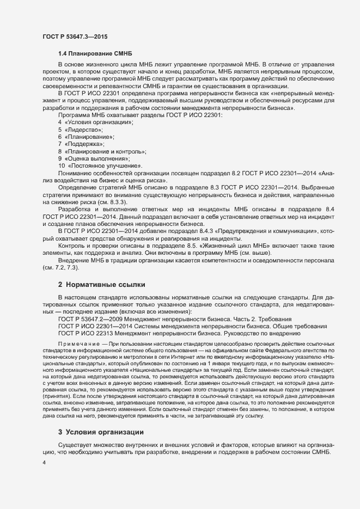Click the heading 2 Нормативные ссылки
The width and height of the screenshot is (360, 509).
[101, 284]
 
